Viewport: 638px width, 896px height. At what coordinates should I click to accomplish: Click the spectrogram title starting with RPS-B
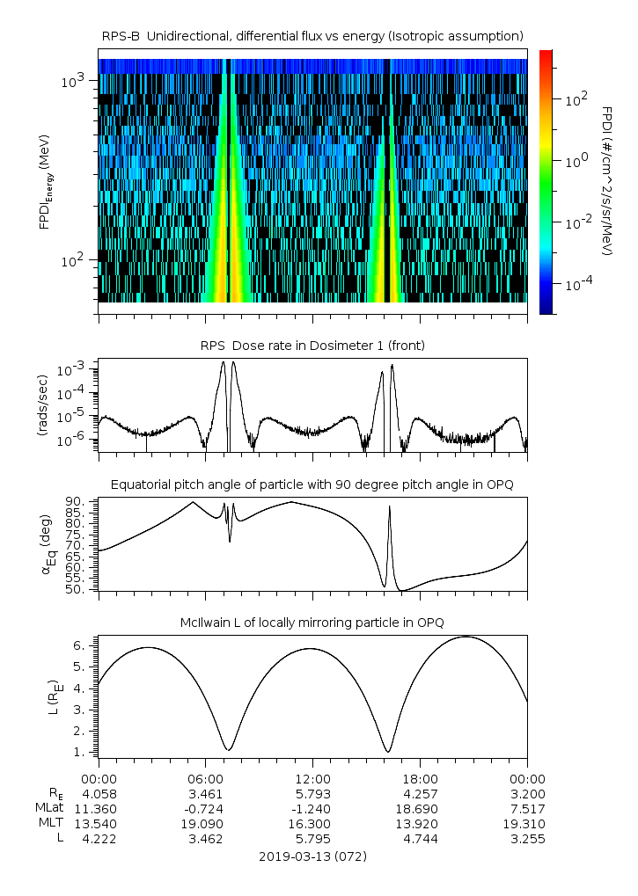click(x=312, y=35)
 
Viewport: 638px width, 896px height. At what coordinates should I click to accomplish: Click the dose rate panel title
click(x=312, y=346)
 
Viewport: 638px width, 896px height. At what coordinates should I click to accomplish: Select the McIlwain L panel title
click(x=312, y=623)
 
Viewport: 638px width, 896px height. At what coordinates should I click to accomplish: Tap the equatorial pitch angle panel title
click(x=312, y=484)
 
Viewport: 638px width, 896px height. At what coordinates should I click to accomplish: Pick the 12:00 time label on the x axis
click(x=312, y=779)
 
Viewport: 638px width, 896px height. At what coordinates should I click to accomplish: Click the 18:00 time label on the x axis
click(x=420, y=779)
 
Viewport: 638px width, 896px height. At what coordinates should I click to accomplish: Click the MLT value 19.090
click(x=205, y=824)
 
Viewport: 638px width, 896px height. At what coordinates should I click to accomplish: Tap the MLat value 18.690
click(x=420, y=808)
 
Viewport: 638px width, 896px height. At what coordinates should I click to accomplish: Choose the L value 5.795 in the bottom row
click(x=312, y=839)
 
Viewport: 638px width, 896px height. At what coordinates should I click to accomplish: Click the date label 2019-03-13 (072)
click(x=312, y=856)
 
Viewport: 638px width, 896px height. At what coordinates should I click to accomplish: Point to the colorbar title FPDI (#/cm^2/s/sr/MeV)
click(x=608, y=180)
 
